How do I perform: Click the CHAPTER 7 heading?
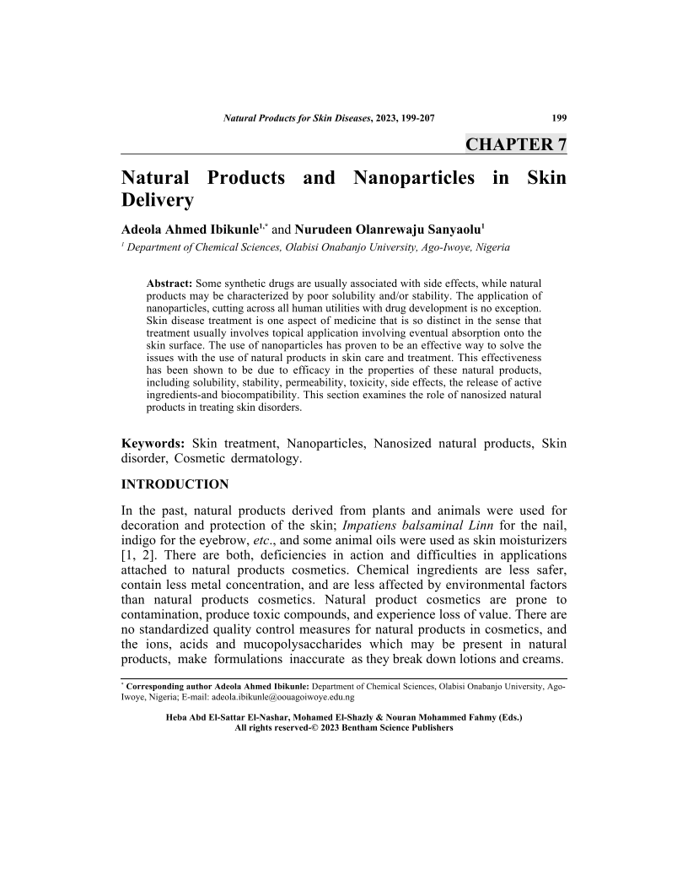(515, 144)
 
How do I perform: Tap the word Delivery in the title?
(158, 201)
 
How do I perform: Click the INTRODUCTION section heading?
(175, 484)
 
